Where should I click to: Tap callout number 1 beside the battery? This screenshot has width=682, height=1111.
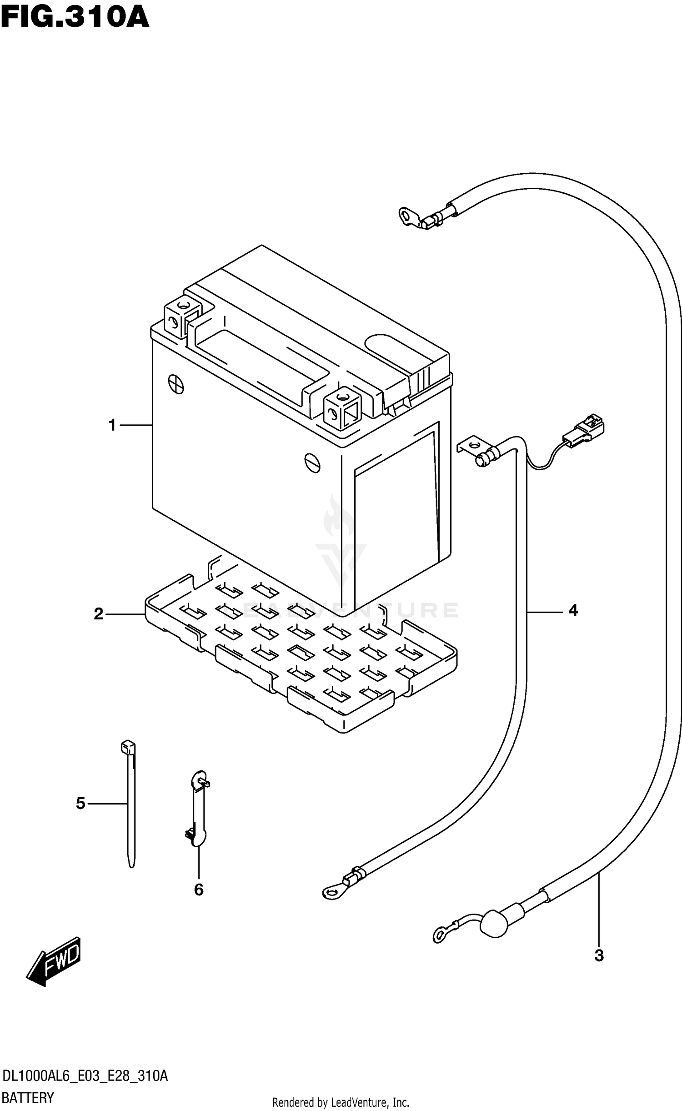[112, 426]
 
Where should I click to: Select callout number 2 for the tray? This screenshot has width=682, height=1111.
[99, 614]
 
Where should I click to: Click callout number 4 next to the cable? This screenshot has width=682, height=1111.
[573, 611]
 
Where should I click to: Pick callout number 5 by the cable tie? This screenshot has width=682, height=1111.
[80, 804]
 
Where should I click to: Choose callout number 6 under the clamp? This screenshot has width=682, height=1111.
[199, 890]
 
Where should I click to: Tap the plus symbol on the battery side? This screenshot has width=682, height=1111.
[176, 384]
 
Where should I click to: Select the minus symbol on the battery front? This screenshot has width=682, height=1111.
[312, 463]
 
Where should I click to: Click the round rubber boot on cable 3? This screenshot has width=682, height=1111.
[493, 923]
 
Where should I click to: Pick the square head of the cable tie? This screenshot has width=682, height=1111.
[128, 748]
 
